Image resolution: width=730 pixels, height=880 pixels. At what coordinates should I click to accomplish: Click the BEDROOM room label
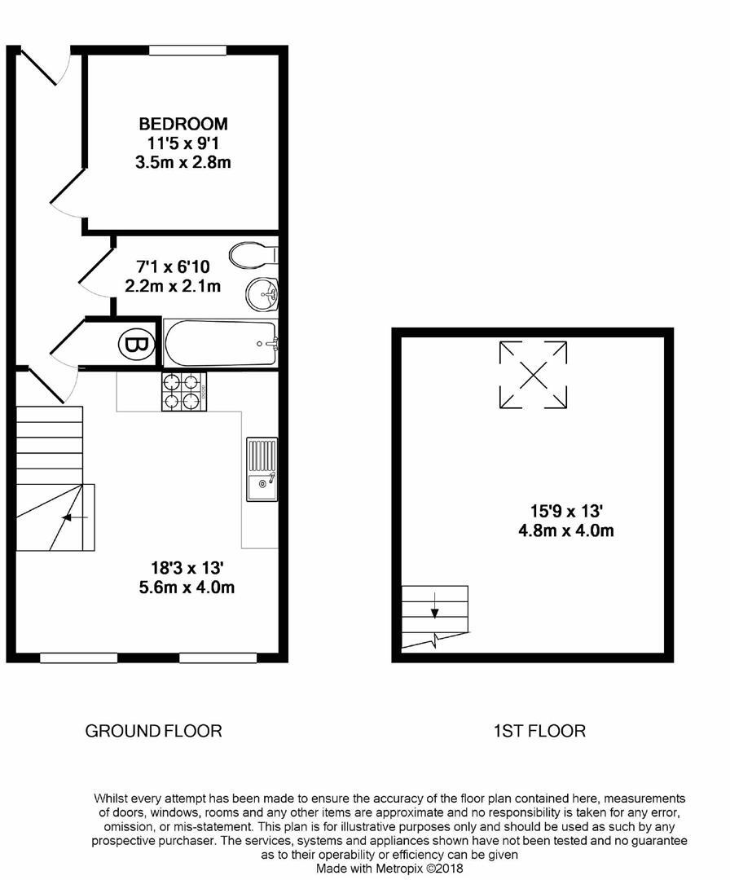pos(183,124)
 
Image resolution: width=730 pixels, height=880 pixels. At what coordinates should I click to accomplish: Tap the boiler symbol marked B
pos(136,345)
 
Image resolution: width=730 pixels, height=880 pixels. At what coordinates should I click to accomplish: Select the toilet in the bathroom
pos(253,255)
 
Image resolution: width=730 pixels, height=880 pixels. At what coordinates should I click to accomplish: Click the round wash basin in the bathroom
pos(262,293)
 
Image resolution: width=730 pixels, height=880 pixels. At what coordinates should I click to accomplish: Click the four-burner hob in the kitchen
pos(184,392)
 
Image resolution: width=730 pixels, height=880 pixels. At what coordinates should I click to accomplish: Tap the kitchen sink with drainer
pos(262,469)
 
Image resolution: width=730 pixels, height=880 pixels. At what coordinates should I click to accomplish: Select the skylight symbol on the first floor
pos(533,374)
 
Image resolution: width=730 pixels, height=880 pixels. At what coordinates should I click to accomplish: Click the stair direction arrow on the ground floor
pos(74,517)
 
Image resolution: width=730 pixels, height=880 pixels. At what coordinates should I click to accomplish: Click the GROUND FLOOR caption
pos(153,731)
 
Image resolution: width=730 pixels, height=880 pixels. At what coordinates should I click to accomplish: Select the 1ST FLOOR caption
pos(540,731)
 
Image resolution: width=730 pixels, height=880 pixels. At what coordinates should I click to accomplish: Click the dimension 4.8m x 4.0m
pos(566,530)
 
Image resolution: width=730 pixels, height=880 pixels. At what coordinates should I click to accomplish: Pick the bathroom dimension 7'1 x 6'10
pos(173,266)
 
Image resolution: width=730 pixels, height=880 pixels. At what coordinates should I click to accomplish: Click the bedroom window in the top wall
pos(188,51)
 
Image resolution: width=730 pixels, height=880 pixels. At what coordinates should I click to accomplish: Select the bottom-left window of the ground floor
pos(78,658)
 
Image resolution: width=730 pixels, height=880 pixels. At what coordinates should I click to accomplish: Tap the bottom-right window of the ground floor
pos(218,658)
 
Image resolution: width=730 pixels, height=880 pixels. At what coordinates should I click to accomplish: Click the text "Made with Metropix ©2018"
pos(389,869)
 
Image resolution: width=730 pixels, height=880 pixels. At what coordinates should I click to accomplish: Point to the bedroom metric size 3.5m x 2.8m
pos(183,163)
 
